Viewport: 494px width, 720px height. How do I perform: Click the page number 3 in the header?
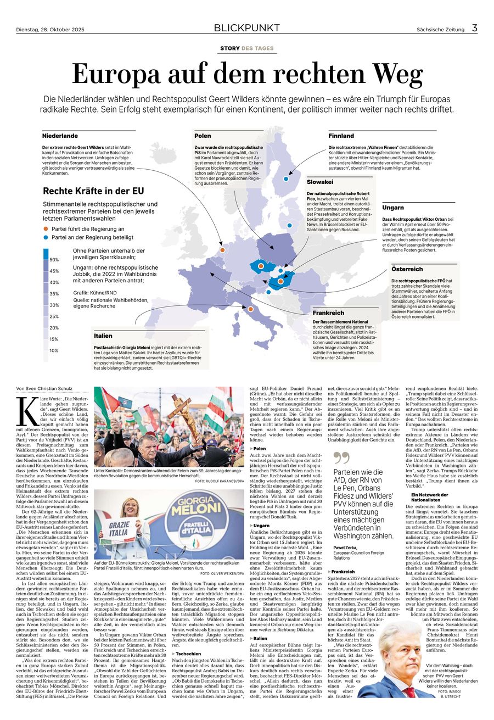[475, 28]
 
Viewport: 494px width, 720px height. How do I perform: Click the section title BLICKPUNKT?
[247, 28]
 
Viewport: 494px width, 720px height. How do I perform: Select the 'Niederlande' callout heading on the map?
[60, 136]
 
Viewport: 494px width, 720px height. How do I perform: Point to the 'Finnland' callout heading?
[341, 136]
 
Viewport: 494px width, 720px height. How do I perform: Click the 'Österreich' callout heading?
[407, 269]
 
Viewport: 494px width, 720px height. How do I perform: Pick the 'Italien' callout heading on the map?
[103, 336]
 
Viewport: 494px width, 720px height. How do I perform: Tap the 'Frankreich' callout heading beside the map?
[329, 312]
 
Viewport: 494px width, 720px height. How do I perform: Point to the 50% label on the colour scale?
[54, 259]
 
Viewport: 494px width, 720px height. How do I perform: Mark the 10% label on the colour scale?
[54, 350]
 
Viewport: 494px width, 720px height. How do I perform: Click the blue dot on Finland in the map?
[286, 178]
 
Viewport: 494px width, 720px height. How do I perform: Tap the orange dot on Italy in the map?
[250, 310]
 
